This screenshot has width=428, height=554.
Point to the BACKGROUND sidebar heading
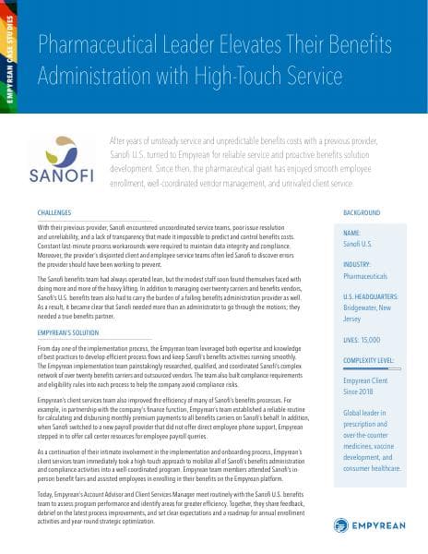pyautogui.click(x=361, y=212)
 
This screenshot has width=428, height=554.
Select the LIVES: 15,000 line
pyautogui.click(x=366, y=341)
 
